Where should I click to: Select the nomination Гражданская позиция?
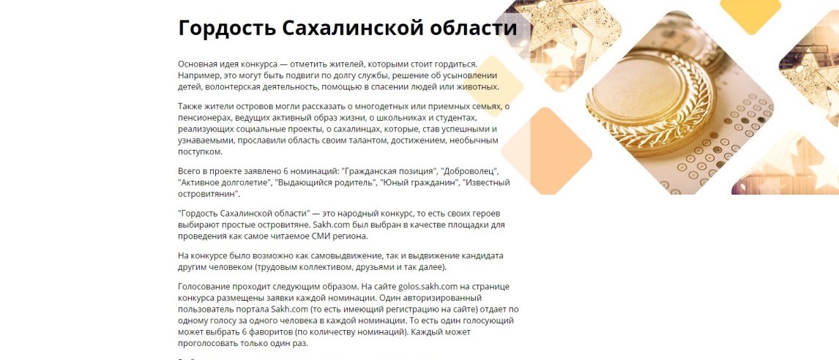389,171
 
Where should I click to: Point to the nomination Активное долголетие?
224,182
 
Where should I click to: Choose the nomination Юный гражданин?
419,182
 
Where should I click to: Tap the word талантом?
369,140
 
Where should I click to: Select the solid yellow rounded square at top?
750,13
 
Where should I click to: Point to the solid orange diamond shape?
546,150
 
